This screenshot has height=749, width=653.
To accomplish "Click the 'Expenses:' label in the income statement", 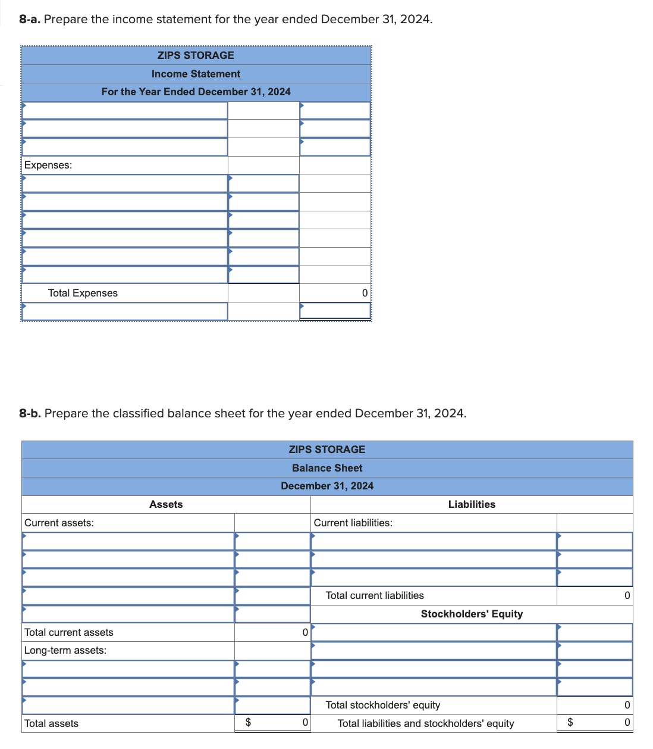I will (48, 165).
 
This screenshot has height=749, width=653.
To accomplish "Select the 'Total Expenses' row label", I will (83, 293).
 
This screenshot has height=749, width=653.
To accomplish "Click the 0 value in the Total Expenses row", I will (365, 293).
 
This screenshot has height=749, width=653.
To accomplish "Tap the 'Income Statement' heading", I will (196, 74).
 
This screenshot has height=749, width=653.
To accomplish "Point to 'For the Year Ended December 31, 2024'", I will (196, 92).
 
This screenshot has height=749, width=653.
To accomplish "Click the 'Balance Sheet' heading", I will (327, 468).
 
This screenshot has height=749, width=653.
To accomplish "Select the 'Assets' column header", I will (166, 504).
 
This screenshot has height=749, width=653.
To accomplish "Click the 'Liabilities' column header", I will (472, 504).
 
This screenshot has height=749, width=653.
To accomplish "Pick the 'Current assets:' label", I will (59, 523).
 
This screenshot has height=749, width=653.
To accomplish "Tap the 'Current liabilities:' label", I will (353, 523).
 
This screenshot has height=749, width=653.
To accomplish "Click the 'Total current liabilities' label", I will (375, 595).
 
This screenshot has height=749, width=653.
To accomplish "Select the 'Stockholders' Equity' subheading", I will (472, 614).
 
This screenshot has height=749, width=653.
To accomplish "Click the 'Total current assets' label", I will (69, 632).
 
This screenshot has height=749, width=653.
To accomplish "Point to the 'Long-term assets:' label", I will (65, 650).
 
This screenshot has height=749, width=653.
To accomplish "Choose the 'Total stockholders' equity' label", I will (383, 705).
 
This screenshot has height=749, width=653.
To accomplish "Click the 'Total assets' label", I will (51, 723).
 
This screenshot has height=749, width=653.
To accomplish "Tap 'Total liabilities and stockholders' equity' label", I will (426, 723).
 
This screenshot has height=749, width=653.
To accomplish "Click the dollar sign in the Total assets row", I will (249, 722).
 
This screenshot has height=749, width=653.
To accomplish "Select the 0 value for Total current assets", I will (305, 632).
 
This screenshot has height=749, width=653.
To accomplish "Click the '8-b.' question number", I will (30, 413).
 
